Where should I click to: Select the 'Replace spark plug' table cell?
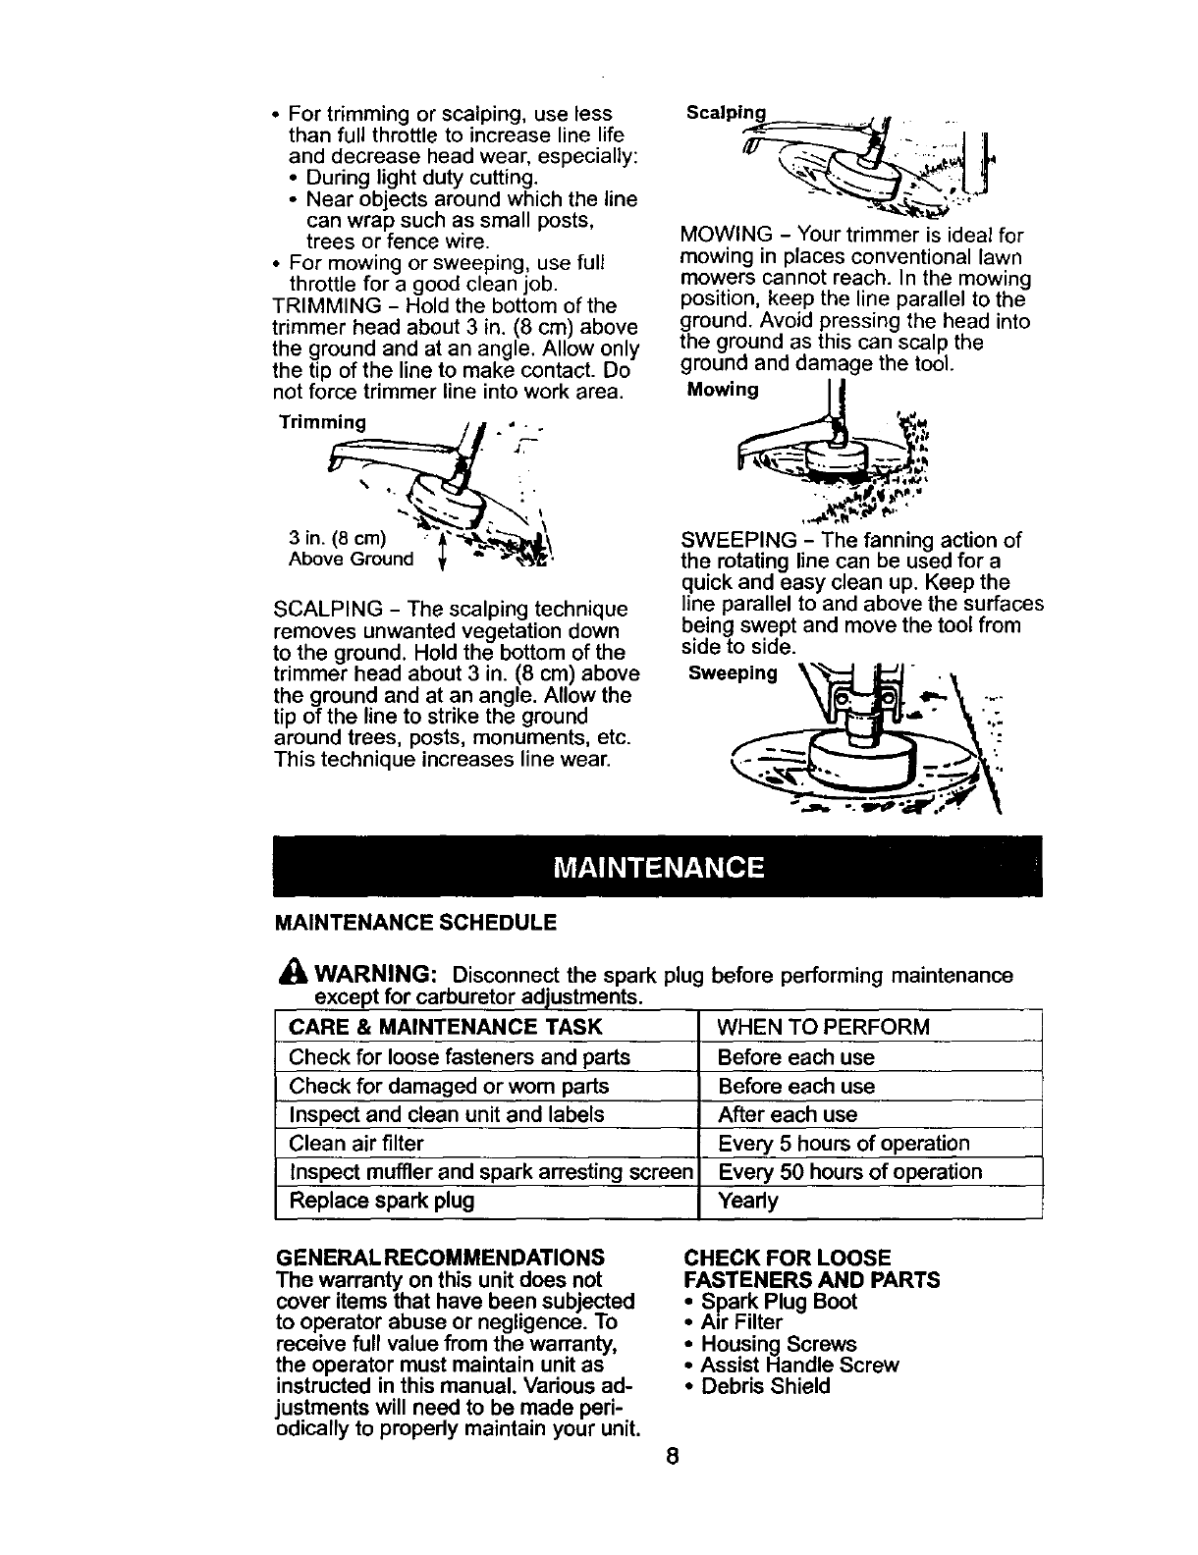click(x=381, y=1201)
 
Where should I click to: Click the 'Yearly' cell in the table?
click(x=748, y=1201)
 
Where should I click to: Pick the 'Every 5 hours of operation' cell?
click(x=844, y=1144)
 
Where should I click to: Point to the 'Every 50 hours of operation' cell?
click(x=849, y=1172)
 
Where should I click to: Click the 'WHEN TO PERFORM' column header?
click(x=823, y=1028)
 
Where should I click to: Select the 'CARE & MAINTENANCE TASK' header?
click(x=445, y=1028)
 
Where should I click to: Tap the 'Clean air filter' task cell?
click(x=356, y=1144)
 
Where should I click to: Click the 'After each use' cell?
click(x=788, y=1115)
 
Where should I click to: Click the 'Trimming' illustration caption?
click(x=322, y=423)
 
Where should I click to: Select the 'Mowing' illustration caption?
click(x=723, y=391)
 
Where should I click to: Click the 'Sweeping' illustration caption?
click(x=733, y=674)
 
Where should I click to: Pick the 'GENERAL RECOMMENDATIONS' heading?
click(x=438, y=1259)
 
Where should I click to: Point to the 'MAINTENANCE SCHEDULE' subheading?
click(x=415, y=923)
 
